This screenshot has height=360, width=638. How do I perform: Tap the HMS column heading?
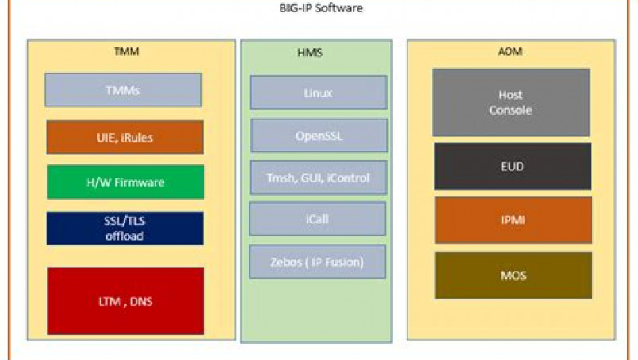[x=317, y=55]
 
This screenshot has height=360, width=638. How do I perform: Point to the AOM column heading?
[x=510, y=52]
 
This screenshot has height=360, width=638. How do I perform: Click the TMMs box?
[x=123, y=90]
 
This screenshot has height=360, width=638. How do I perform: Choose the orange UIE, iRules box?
[x=124, y=137]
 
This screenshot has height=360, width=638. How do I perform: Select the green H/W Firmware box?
[x=125, y=182]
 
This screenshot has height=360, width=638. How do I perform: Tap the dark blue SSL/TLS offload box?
[x=124, y=229]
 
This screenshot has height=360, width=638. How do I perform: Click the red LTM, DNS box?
[x=125, y=301]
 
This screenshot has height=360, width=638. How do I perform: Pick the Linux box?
[x=318, y=92]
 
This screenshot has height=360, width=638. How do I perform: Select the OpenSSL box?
[x=318, y=136]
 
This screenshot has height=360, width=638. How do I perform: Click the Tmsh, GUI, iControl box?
[x=318, y=178]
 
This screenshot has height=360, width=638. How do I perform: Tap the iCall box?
[x=317, y=218]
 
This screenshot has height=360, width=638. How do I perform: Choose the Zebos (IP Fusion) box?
[x=317, y=262]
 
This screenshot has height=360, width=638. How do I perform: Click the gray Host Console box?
[x=510, y=102]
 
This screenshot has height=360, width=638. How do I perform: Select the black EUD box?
[x=512, y=167]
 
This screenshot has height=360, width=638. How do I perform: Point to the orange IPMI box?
[x=512, y=220]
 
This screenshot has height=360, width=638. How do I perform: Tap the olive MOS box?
[x=513, y=275]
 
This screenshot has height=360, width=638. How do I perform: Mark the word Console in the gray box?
[x=510, y=110]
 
